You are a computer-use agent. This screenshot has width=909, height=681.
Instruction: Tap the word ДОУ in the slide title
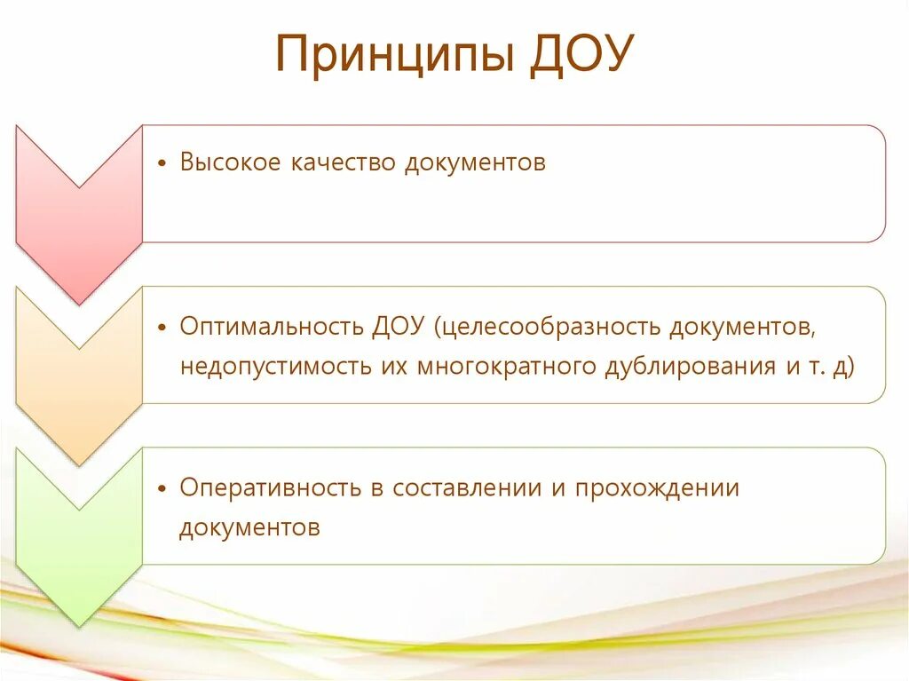pos(580,56)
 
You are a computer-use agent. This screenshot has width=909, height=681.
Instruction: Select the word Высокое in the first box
pos(231,163)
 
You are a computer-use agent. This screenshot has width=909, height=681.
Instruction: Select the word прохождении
pos(657,488)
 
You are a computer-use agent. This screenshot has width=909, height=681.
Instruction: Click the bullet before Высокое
pos(162,165)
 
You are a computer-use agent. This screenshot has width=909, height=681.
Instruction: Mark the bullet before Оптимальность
pos(162,328)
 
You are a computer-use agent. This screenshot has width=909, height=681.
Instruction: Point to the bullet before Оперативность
pos(162,489)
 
